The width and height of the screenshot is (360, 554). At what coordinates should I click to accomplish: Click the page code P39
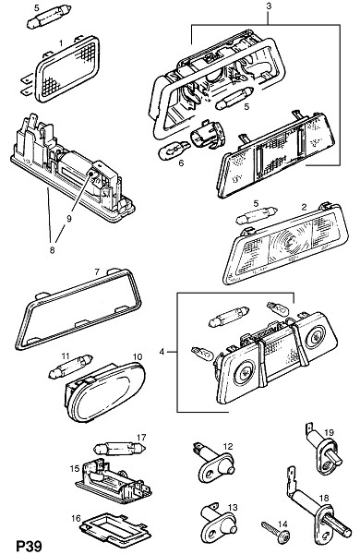point(29,545)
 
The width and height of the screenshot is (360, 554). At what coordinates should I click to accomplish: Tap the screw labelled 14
point(276,533)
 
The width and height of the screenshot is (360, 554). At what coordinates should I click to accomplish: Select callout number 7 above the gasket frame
point(97,272)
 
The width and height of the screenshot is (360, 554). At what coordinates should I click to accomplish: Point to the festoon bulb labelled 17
point(119,449)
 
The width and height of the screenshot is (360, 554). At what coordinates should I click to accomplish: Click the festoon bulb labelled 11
point(71,366)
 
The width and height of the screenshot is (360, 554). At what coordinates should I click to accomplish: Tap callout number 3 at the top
point(269,6)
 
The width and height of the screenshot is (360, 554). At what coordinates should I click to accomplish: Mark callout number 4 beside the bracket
point(162,352)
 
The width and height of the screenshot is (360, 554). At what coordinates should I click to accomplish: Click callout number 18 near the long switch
point(324,499)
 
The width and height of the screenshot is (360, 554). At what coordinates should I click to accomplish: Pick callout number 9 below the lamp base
point(68,219)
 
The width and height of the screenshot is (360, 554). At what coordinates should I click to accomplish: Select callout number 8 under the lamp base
point(52,250)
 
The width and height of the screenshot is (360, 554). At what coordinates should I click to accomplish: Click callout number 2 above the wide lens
point(305,207)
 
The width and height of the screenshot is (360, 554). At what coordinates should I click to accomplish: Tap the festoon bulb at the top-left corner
point(49,18)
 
